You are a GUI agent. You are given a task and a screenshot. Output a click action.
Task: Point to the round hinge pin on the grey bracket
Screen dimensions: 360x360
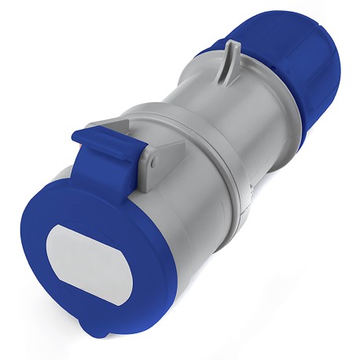pos(155,162)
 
